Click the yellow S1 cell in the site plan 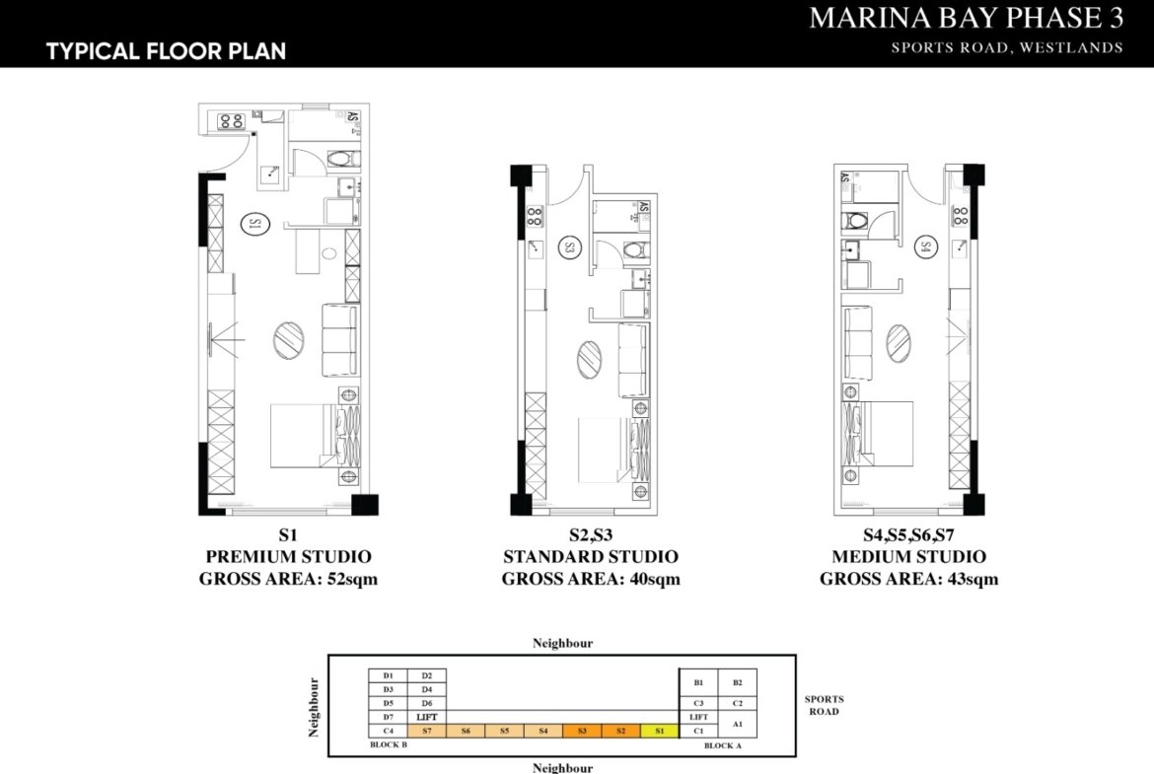(x=660, y=731)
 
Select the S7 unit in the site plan (x=426, y=731)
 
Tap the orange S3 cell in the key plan (x=582, y=731)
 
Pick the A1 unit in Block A (x=738, y=724)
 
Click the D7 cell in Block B (x=388, y=717)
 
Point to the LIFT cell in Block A (x=698, y=717)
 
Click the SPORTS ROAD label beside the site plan (x=824, y=705)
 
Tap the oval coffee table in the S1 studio (x=289, y=338)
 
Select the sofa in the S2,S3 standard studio (x=634, y=359)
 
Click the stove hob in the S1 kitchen (x=231, y=121)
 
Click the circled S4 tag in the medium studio (x=925, y=246)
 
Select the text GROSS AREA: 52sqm (x=288, y=579)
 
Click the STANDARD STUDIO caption (x=590, y=557)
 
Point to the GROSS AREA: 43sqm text (x=908, y=579)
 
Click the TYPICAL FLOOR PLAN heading (x=166, y=50)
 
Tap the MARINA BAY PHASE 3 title (x=966, y=19)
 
